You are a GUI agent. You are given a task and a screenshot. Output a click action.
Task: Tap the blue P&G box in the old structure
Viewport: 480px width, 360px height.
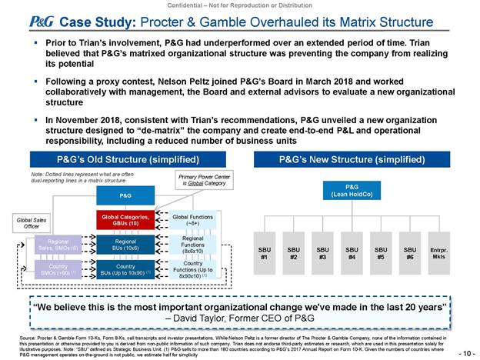(125, 195)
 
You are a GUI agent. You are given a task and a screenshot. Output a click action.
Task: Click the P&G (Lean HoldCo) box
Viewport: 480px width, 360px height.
(352, 191)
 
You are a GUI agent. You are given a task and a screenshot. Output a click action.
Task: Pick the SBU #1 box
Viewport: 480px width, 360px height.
(265, 253)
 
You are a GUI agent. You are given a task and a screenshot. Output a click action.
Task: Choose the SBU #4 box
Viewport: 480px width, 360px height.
(352, 253)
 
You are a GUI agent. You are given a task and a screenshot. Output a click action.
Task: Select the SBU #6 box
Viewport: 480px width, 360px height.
(409, 253)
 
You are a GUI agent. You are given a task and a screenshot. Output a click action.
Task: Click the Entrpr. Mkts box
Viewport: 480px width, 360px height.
(439, 253)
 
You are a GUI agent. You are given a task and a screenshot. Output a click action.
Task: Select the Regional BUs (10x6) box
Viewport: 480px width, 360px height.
(125, 245)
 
